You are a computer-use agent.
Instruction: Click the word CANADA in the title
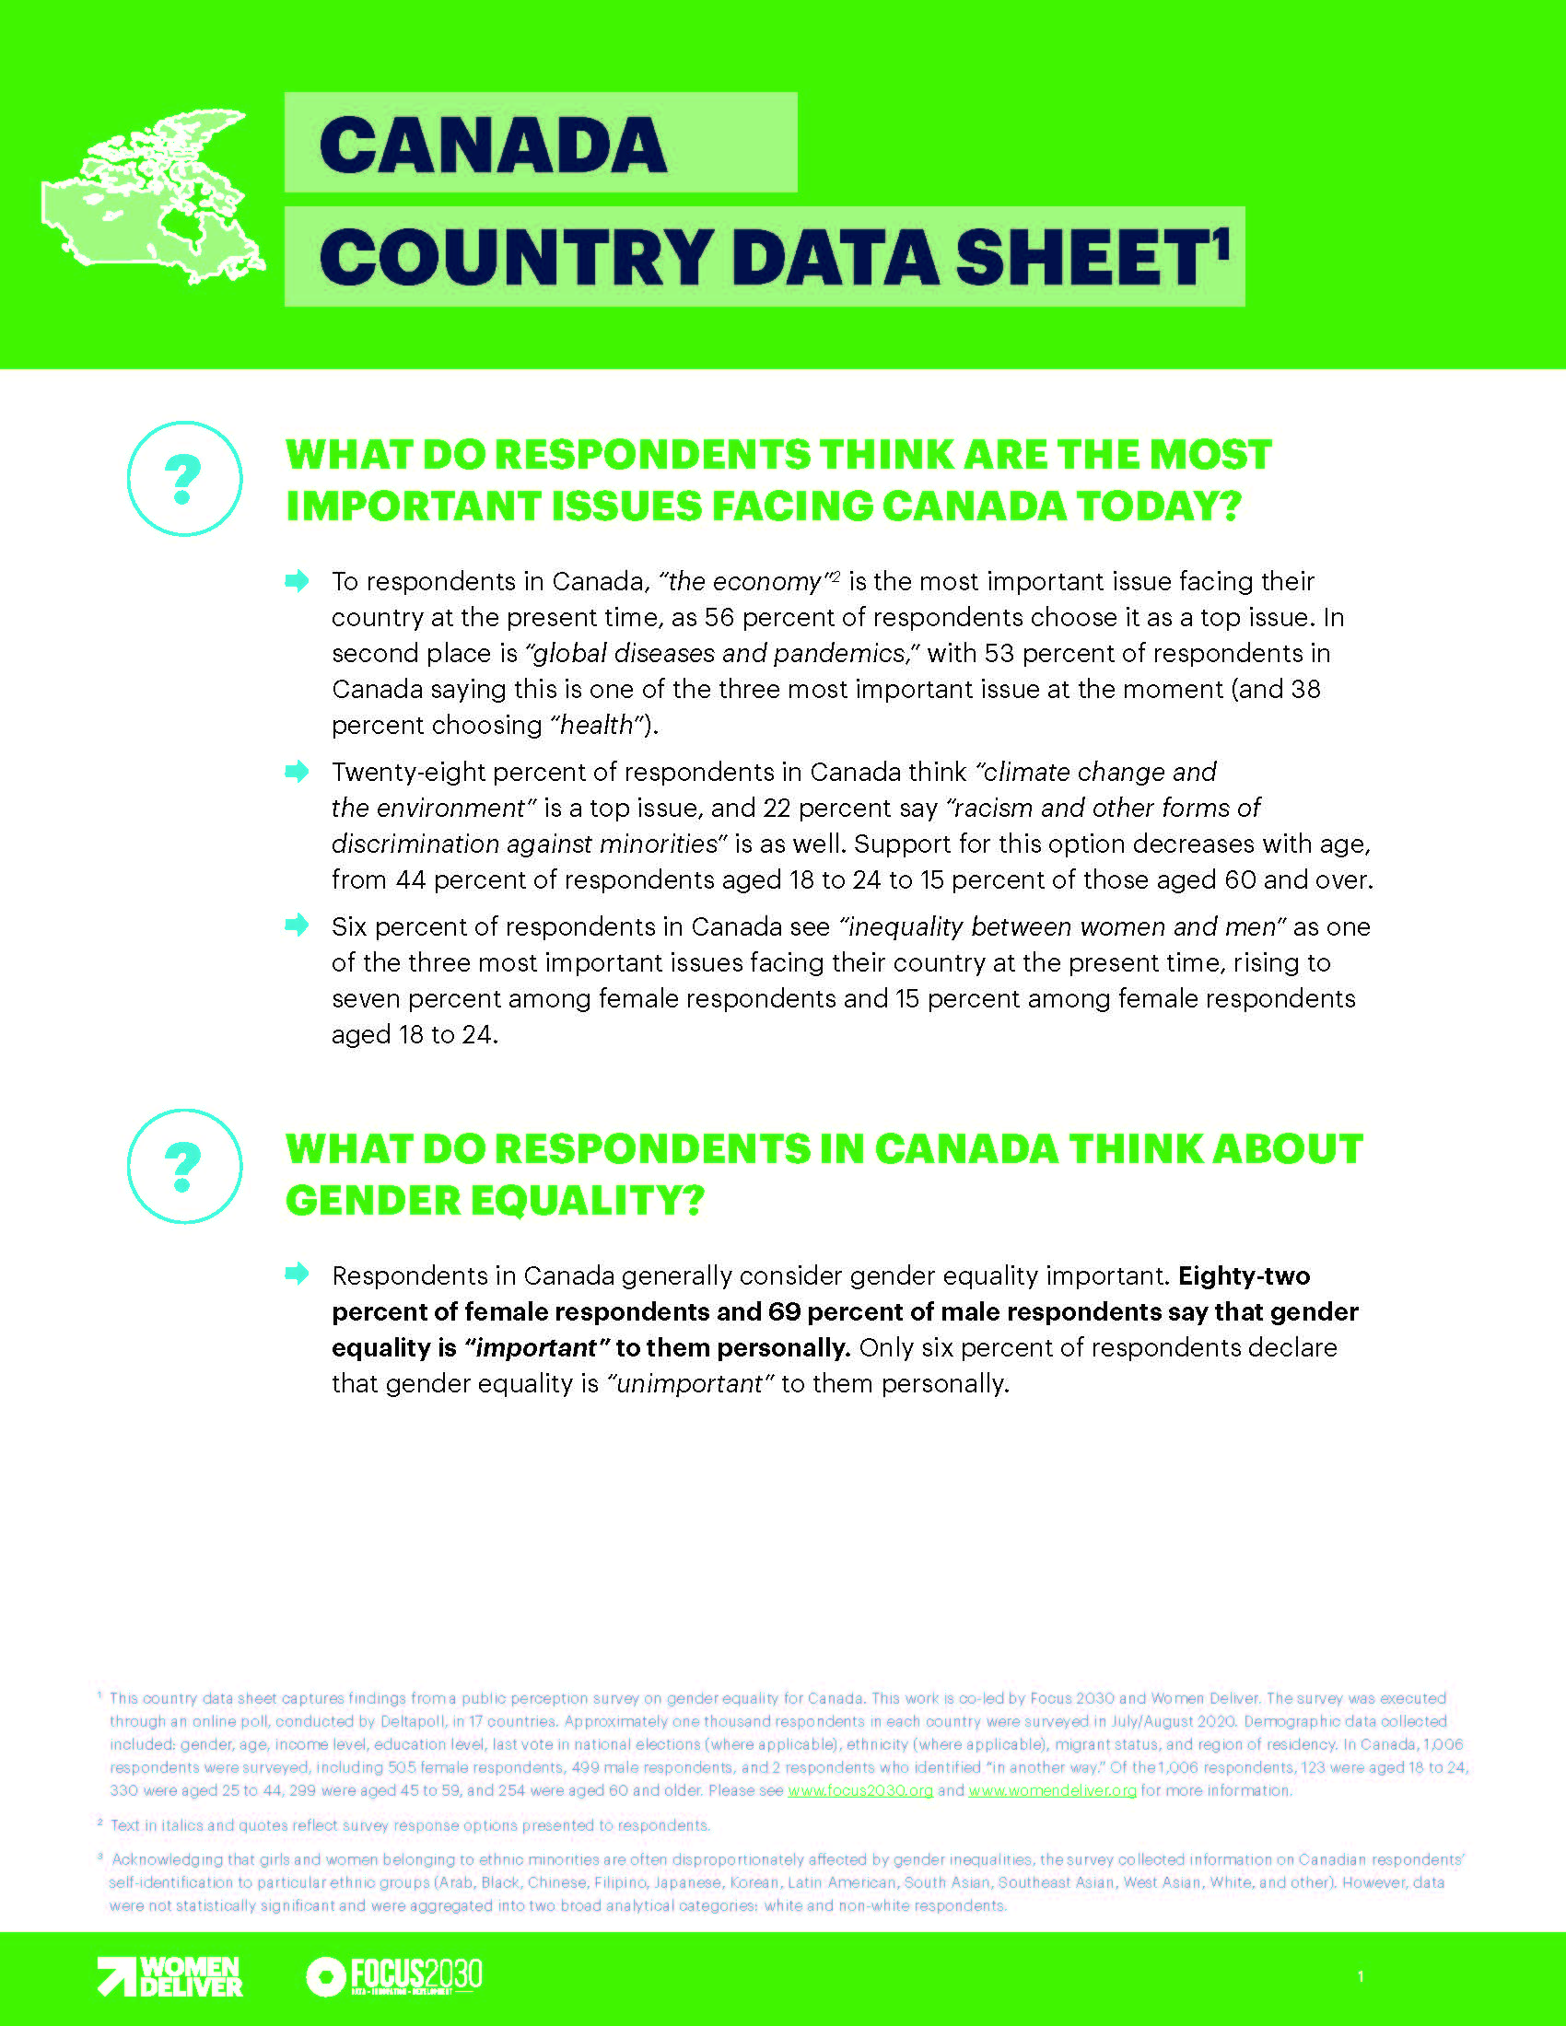pos(493,146)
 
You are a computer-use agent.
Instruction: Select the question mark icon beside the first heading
pos(183,479)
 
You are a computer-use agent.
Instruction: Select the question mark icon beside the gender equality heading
pos(183,1166)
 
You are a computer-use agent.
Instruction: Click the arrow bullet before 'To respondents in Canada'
pos(297,582)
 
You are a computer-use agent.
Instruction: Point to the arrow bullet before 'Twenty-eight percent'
pos(297,772)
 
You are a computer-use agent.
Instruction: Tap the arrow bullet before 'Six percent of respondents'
pos(297,925)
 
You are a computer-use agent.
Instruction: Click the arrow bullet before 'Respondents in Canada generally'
pos(297,1274)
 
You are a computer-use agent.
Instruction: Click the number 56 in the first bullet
pos(719,618)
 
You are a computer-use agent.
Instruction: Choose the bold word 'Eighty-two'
pos(1244,1276)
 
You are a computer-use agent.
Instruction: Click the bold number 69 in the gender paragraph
pos(786,1312)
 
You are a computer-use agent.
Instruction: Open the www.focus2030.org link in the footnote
pos(860,1790)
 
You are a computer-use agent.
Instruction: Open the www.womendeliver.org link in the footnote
pos(1052,1790)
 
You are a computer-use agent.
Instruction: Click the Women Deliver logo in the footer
pos(170,1977)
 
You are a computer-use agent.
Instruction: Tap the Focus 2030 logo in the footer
pos(394,1977)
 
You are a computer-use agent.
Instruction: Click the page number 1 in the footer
pos(1360,1977)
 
